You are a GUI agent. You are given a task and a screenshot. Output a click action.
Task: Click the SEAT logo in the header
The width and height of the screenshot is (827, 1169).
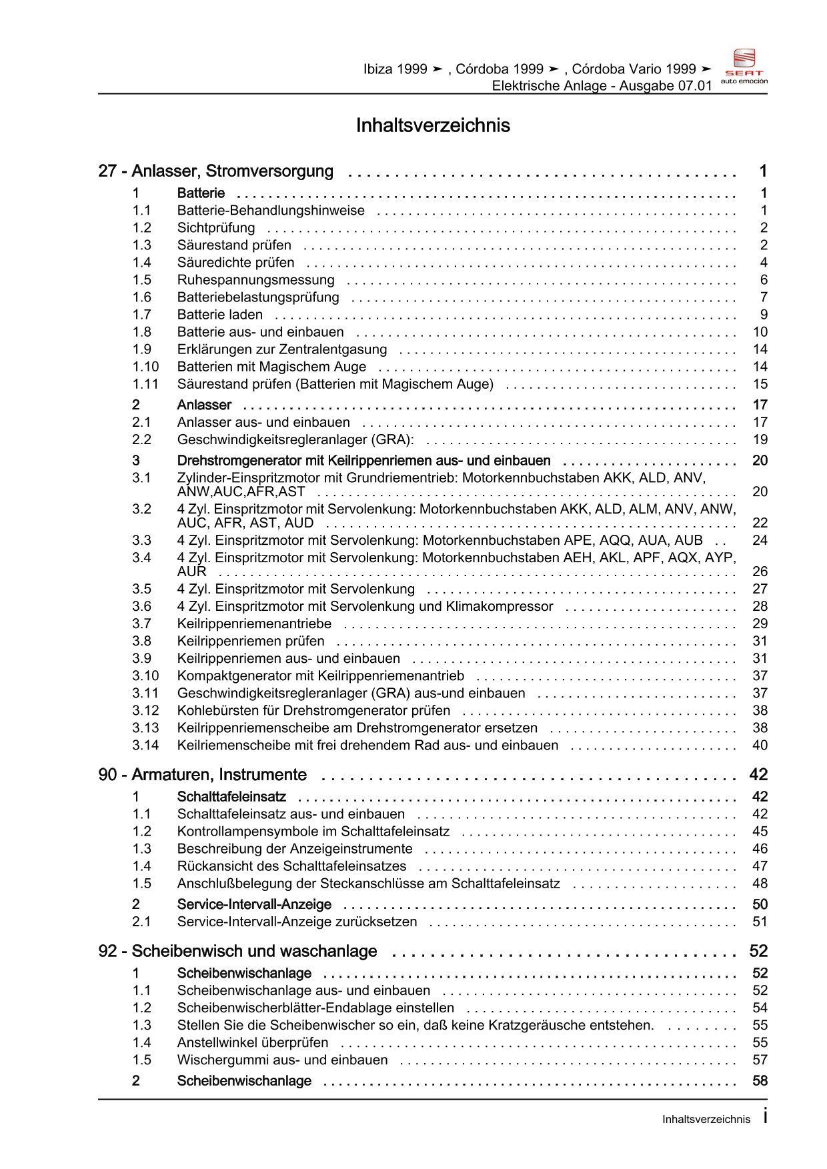(x=744, y=65)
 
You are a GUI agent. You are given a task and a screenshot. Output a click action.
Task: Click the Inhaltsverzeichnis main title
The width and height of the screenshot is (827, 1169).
(x=433, y=126)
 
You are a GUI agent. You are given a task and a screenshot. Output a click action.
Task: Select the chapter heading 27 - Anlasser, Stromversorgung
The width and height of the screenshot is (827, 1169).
(x=216, y=171)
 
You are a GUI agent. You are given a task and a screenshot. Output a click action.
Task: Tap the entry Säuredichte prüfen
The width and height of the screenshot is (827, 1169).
(x=235, y=263)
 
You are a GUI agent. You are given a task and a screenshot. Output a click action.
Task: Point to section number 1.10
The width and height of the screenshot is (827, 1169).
(x=145, y=367)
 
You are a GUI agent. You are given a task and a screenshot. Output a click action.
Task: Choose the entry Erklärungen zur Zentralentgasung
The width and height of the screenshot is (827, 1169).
(x=281, y=349)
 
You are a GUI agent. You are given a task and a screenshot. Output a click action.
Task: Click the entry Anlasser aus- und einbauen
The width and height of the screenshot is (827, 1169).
(x=263, y=422)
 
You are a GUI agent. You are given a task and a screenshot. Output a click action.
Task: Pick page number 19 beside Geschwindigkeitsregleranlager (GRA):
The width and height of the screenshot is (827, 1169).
(x=760, y=439)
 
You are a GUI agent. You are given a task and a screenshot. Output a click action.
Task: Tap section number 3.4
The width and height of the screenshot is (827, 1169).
(x=141, y=557)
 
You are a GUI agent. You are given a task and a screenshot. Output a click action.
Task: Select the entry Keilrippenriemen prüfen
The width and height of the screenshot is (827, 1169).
(x=251, y=641)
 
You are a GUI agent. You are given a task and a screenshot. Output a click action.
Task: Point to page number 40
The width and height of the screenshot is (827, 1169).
(x=760, y=746)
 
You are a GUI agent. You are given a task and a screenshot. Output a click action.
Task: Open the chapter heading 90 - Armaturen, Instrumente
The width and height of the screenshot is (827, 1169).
(x=203, y=775)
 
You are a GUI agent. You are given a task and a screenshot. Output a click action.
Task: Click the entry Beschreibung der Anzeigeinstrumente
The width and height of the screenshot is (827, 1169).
(x=295, y=849)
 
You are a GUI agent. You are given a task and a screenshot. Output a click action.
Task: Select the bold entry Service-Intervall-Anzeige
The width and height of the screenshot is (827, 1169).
(x=254, y=905)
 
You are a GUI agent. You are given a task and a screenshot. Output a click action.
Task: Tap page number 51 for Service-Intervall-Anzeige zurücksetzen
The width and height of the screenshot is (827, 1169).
(x=760, y=922)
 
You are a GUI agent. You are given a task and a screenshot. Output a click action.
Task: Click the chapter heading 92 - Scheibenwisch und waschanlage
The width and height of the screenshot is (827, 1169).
(x=237, y=952)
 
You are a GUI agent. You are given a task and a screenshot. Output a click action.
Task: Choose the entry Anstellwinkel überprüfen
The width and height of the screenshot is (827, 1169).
(x=253, y=1043)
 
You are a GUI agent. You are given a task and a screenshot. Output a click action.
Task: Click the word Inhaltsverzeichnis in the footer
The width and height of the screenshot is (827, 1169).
(x=706, y=1120)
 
